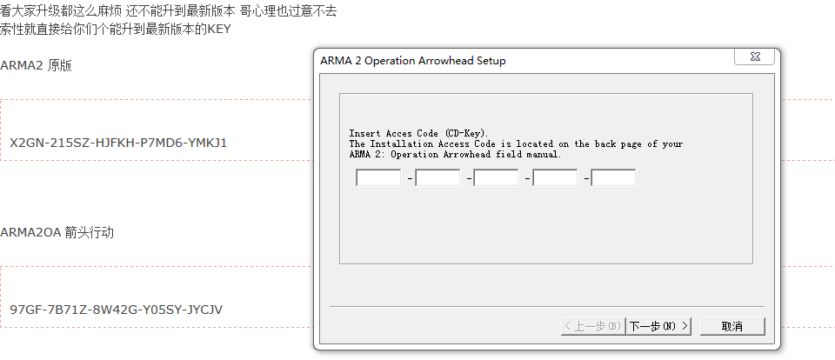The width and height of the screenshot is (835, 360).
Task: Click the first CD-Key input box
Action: click(x=378, y=178)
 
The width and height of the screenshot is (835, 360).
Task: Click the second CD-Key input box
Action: click(x=438, y=178)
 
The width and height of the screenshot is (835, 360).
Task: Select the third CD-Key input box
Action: click(x=496, y=178)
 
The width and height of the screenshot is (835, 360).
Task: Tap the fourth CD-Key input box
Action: click(x=555, y=178)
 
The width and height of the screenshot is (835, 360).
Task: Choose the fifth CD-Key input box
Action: click(x=613, y=178)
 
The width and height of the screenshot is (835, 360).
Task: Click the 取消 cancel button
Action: click(x=731, y=326)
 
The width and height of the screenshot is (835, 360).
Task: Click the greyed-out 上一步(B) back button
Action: click(x=591, y=326)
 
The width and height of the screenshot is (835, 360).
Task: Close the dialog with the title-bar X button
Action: click(x=754, y=57)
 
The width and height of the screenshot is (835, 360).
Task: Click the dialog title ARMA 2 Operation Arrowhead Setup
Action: click(x=412, y=61)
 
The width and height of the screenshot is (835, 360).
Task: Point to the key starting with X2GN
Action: click(x=118, y=143)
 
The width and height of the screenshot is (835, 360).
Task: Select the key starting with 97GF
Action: click(x=117, y=310)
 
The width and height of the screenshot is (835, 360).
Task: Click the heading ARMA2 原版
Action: click(x=36, y=66)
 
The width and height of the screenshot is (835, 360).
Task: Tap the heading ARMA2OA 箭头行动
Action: click(x=57, y=233)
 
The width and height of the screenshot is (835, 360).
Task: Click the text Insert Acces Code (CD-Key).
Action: click(x=420, y=133)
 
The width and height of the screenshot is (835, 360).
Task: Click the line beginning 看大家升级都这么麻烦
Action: click(x=168, y=11)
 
